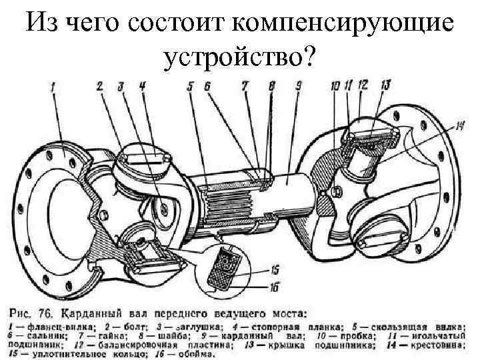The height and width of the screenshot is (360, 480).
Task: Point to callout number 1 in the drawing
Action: pos(53,85)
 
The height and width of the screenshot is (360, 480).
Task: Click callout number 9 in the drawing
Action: pos(298,85)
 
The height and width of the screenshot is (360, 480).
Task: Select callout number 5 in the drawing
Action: pos(191,85)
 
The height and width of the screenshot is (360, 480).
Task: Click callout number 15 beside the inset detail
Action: pos(275,270)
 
